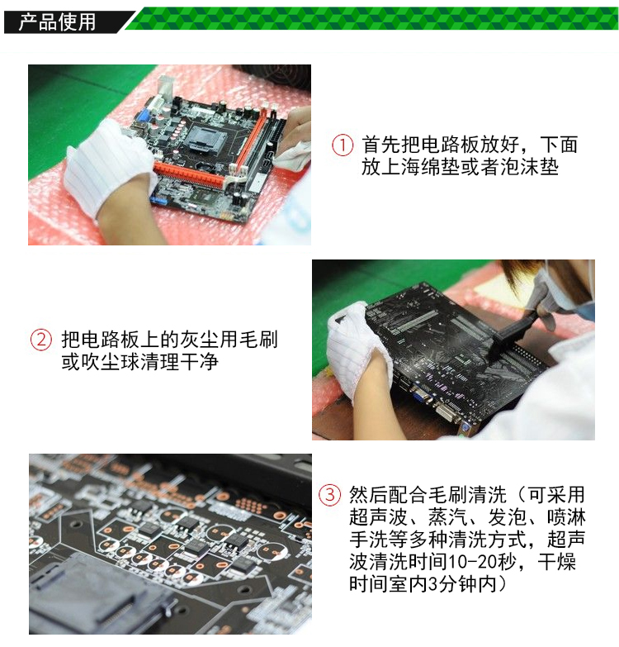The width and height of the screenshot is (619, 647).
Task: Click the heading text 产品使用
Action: coord(57,21)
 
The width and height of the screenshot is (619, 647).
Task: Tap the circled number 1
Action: coord(343,145)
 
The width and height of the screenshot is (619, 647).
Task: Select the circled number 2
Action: coord(41,340)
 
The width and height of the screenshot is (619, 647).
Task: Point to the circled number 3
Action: coord(329,494)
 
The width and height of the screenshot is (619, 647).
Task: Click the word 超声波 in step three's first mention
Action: coord(378,516)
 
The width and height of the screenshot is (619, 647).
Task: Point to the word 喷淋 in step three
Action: coord(566,516)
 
